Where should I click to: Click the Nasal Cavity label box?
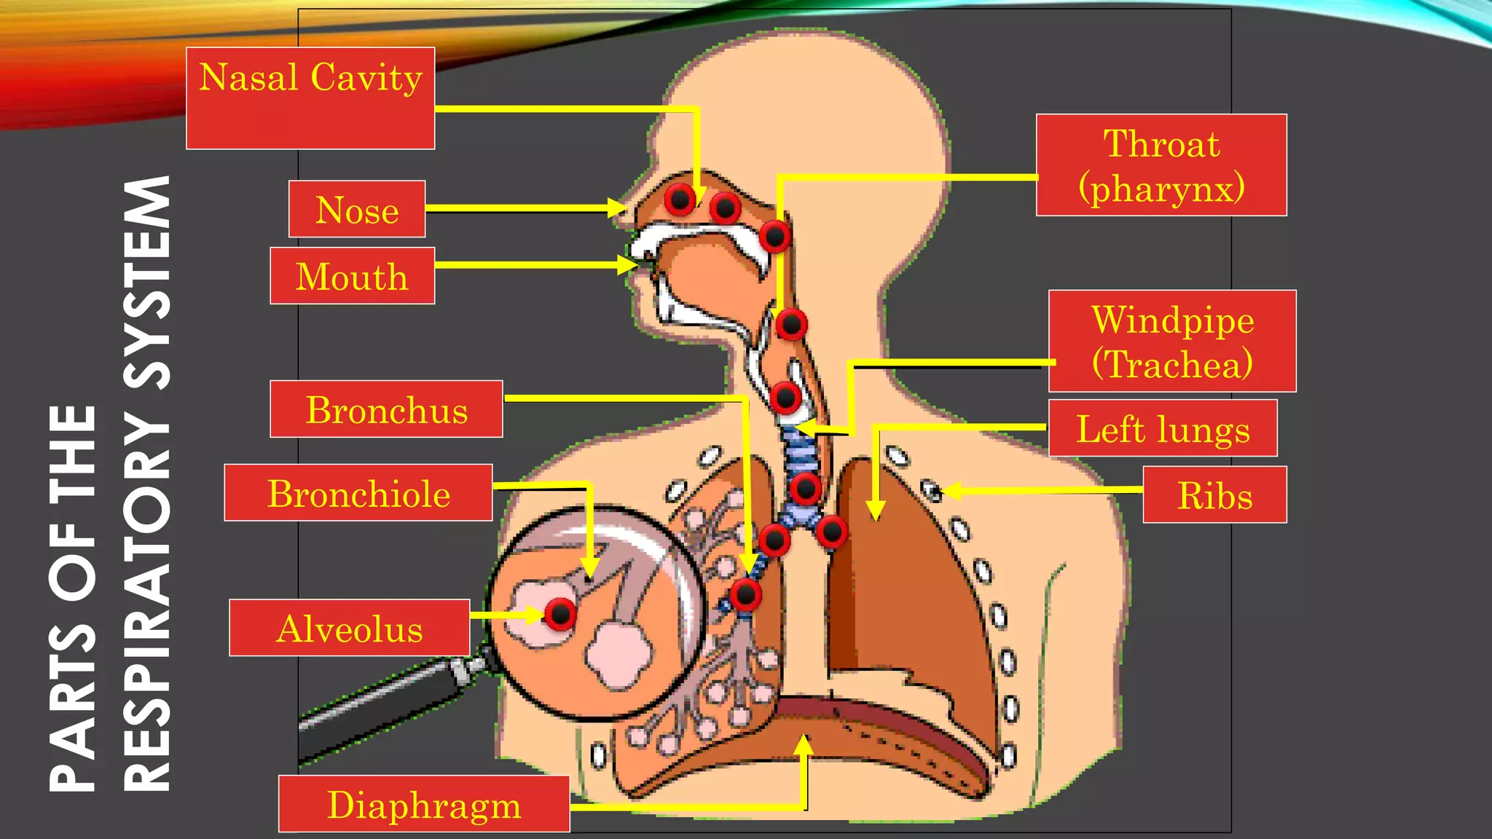tap(310, 98)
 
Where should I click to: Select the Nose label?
tap(357, 209)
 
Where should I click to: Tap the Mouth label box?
tap(352, 275)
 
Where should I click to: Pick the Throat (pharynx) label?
tap(1161, 165)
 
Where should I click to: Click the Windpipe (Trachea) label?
tap(1172, 341)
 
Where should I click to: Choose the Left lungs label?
tap(1163, 428)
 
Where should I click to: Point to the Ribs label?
tap(1214, 495)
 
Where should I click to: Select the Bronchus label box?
tap(386, 409)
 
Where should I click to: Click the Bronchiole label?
tap(358, 492)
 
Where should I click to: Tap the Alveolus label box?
tap(349, 628)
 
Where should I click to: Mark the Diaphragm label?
tap(424, 804)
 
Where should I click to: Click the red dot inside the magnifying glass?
tap(560, 614)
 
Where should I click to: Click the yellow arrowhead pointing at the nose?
tap(617, 208)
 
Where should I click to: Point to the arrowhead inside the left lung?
tap(876, 510)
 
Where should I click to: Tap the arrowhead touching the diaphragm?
tap(804, 745)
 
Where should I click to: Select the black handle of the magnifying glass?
tap(379, 706)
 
